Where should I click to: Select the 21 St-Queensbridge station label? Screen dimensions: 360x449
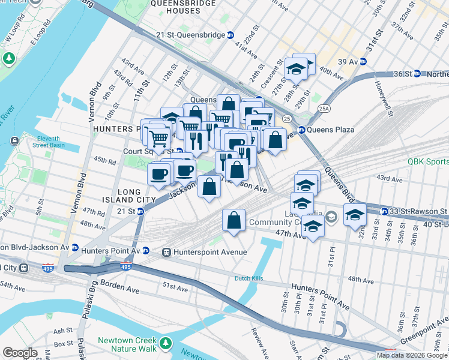(190, 35)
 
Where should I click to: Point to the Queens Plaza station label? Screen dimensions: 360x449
(331, 130)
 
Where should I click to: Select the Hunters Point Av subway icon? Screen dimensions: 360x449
(146, 251)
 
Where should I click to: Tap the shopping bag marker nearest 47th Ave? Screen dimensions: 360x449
(234, 221)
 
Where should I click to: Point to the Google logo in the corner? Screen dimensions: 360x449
(20, 353)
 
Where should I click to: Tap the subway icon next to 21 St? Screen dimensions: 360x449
(140, 211)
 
